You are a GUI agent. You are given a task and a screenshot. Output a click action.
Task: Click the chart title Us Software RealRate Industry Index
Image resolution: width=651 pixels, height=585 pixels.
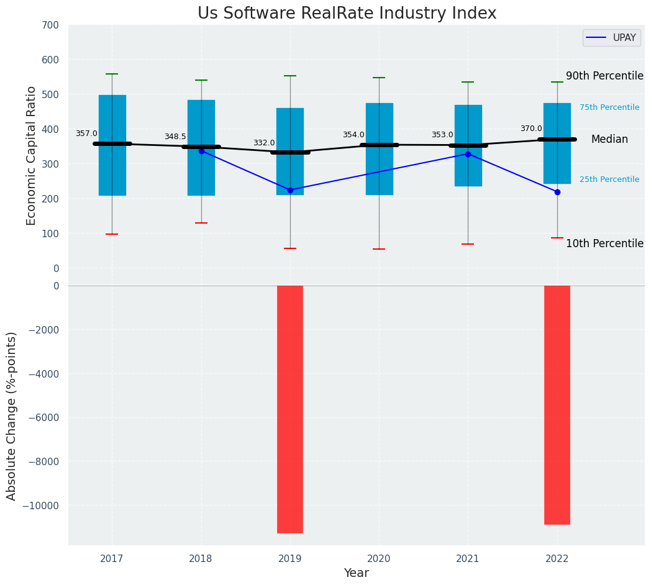click(x=347, y=14)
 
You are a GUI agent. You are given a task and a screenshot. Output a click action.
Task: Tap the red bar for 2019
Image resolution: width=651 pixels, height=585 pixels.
click(x=290, y=409)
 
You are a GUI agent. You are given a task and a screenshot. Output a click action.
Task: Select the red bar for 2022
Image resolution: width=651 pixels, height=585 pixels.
click(x=557, y=404)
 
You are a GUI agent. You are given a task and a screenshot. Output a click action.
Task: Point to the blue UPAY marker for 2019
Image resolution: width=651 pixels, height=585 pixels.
click(x=290, y=190)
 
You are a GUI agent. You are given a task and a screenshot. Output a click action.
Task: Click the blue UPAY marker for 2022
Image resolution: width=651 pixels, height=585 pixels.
click(x=557, y=192)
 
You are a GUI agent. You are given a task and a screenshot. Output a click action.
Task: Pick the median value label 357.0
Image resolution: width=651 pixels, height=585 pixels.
click(x=86, y=134)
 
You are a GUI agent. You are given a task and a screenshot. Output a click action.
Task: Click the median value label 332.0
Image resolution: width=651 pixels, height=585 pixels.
click(x=264, y=143)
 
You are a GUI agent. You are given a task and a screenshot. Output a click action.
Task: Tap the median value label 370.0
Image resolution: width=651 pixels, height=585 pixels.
click(x=531, y=129)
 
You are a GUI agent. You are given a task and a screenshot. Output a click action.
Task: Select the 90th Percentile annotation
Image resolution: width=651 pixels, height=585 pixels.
click(x=604, y=76)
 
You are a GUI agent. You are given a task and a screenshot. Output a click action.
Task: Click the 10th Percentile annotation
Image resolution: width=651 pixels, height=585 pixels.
click(x=604, y=243)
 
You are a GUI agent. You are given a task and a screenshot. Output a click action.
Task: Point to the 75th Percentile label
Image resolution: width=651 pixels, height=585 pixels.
click(x=609, y=107)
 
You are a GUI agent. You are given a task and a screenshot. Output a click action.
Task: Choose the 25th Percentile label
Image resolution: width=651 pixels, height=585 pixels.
click(x=609, y=179)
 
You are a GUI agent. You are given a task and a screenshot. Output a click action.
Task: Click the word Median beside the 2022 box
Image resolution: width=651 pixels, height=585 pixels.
click(x=609, y=140)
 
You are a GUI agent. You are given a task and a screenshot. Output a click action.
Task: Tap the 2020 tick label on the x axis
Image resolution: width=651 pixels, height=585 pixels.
click(x=379, y=559)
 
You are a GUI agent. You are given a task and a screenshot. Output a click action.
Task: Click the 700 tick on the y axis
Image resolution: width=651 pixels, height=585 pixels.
click(x=52, y=25)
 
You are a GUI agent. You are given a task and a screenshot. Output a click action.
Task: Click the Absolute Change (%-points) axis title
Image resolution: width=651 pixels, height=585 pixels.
click(x=12, y=415)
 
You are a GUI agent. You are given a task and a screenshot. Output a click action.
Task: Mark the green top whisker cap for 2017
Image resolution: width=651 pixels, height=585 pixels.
click(x=112, y=74)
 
